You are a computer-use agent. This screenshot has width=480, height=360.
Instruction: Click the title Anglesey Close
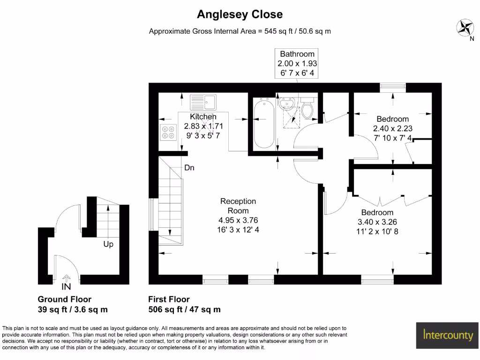240,15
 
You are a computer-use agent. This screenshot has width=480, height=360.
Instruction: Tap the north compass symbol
465,27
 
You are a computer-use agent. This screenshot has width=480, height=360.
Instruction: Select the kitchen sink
203,102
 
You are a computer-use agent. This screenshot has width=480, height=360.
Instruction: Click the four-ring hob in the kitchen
167,132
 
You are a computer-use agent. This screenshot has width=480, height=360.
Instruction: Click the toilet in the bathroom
307,108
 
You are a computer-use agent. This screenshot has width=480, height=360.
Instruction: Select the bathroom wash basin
286,103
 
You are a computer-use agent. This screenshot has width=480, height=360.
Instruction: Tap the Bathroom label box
297,63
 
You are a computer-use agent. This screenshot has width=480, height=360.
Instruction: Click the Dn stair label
189,167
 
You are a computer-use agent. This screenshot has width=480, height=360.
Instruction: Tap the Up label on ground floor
108,244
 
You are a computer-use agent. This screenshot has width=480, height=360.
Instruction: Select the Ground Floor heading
64,299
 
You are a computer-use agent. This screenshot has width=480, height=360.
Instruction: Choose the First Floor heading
169,299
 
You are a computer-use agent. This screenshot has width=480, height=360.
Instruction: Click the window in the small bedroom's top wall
392,86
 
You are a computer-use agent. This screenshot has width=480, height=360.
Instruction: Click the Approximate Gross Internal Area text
240,31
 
